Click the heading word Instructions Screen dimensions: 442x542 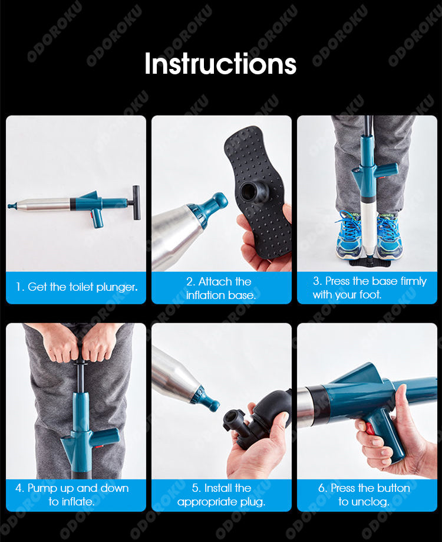point(220,64)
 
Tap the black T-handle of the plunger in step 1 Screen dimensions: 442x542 point(136,202)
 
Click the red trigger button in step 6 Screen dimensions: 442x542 point(370,428)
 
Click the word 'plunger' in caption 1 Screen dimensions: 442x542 point(117,287)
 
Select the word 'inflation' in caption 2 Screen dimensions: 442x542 point(205,295)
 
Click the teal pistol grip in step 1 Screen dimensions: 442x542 point(98,218)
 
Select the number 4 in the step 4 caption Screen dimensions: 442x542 point(19,488)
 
